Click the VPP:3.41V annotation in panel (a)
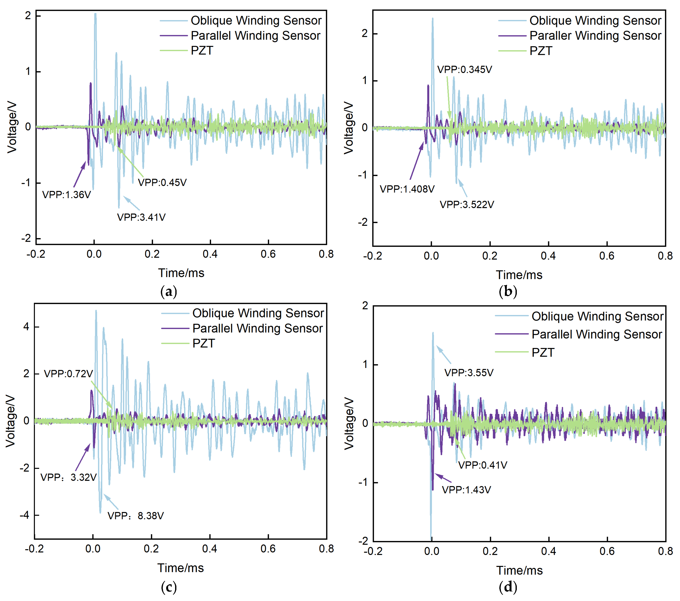pyautogui.click(x=141, y=217)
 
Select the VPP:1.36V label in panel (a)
pyautogui.click(x=67, y=195)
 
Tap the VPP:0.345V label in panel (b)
pyautogui.click(x=464, y=70)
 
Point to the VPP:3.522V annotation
pyautogui.click(x=467, y=204)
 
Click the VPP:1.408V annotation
pyautogui.click(x=407, y=189)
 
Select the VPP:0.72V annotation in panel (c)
pyautogui.click(x=69, y=374)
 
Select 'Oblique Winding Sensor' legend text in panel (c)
pyautogui.click(x=258, y=313)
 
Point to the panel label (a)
pyautogui.click(x=169, y=292)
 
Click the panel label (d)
pyautogui.click(x=508, y=587)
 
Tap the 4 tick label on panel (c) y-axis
pyautogui.click(x=26, y=327)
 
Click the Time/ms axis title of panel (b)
pyautogui.click(x=519, y=275)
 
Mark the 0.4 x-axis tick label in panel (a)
pyautogui.click(x=210, y=254)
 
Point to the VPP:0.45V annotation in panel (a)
pyautogui.click(x=162, y=183)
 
